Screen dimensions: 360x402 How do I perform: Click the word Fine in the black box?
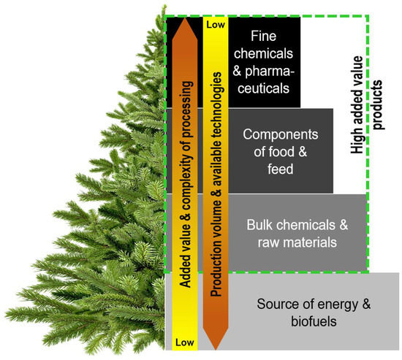coord(264,37)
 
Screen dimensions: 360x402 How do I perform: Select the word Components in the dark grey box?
coord(281,135)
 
